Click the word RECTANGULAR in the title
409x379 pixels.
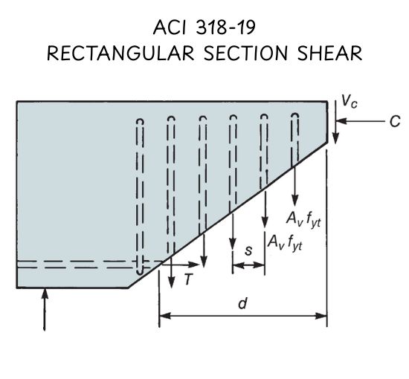tap(120, 54)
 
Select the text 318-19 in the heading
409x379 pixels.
tap(225, 27)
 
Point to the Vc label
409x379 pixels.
tap(350, 101)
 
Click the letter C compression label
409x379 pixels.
tap(395, 121)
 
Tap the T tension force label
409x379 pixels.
tap(188, 279)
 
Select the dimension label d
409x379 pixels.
tap(242, 303)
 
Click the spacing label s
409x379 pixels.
tap(248, 250)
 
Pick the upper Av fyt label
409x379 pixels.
tap(303, 219)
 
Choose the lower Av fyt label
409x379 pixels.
tap(285, 242)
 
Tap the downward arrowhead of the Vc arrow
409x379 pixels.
tap(335, 138)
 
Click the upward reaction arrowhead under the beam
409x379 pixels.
tap(45, 294)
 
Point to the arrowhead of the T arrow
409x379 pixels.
tap(194, 265)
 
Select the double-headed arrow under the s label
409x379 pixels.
tap(248, 265)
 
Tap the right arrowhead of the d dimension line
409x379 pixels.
tap(321, 316)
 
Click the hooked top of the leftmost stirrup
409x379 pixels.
tap(140, 122)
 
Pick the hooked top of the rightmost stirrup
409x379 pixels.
tap(295, 116)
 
